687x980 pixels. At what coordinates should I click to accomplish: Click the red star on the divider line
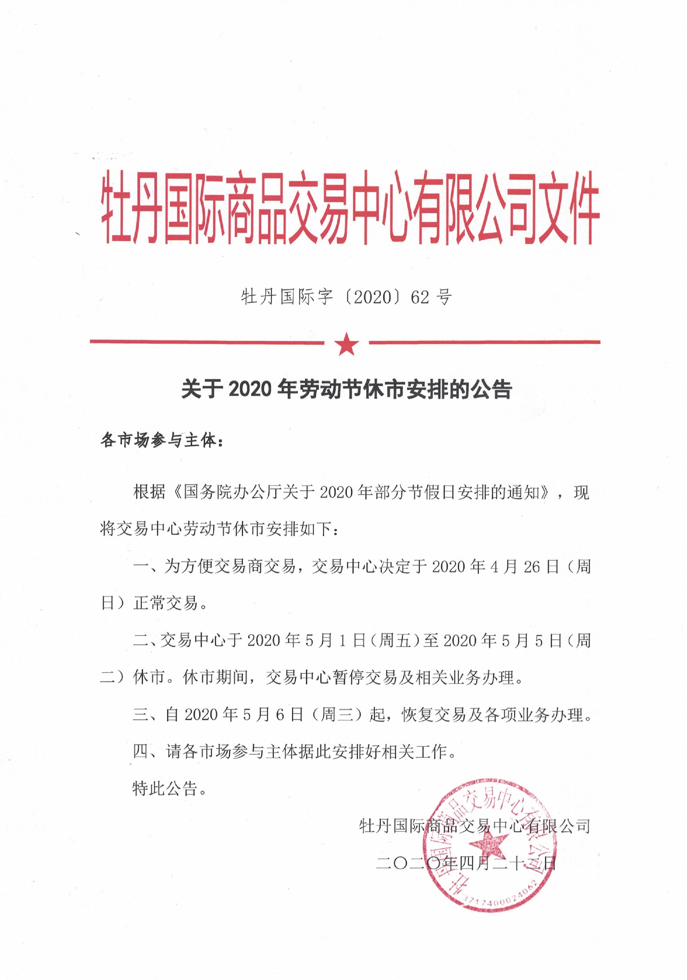tap(347, 344)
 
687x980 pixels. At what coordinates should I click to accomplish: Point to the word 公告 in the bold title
tap(495, 389)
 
